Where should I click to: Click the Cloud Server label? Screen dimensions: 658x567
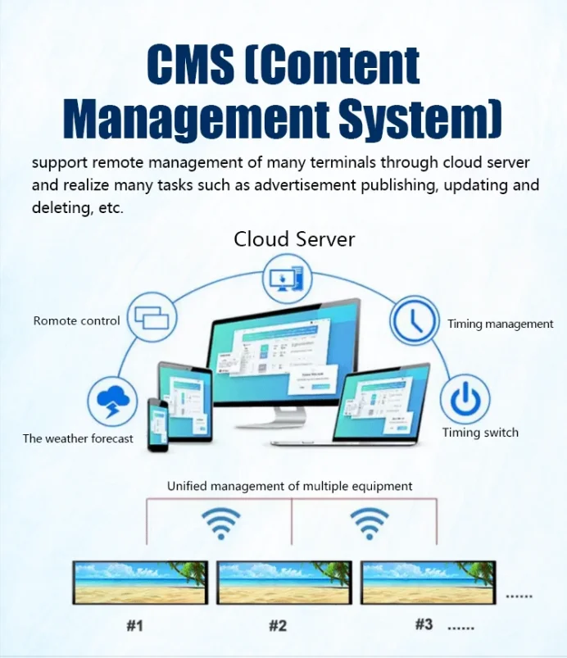pyautogui.click(x=294, y=239)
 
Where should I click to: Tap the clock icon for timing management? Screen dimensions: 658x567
pyautogui.click(x=414, y=321)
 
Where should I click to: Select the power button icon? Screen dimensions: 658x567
pyautogui.click(x=465, y=401)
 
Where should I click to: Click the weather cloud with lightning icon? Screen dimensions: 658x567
pyautogui.click(x=111, y=401)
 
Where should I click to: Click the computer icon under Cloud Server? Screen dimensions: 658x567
pyautogui.click(x=288, y=279)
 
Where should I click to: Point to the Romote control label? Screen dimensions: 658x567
pyautogui.click(x=76, y=321)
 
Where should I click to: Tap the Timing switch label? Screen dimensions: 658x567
pyautogui.click(x=480, y=433)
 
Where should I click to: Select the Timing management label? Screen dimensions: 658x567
pyautogui.click(x=500, y=324)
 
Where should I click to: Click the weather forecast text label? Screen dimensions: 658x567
pyautogui.click(x=78, y=438)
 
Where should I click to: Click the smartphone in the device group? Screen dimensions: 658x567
pyautogui.click(x=157, y=424)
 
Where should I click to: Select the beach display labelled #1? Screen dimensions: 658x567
pyautogui.click(x=140, y=583)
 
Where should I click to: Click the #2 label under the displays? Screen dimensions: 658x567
pyautogui.click(x=278, y=626)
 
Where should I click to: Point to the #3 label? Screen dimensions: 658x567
pyautogui.click(x=423, y=624)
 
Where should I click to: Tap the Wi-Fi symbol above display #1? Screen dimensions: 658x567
pyautogui.click(x=221, y=523)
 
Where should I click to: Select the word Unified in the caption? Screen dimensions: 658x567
pyautogui.click(x=186, y=486)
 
